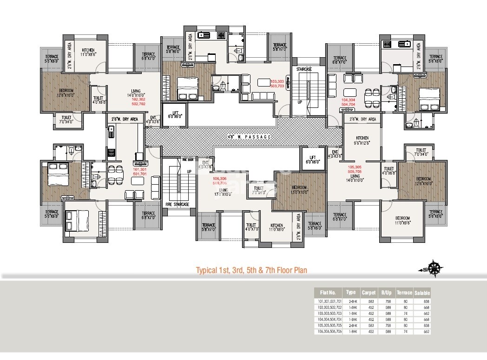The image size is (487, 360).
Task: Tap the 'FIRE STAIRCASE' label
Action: point(177,204)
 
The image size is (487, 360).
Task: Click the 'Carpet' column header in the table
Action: point(369,293)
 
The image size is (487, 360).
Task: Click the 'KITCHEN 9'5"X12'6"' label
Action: point(362,140)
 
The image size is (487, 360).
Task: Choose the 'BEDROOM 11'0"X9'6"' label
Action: point(402,220)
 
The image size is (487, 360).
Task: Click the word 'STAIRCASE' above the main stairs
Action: point(304,69)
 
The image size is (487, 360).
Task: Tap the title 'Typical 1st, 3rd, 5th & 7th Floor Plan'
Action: point(250,270)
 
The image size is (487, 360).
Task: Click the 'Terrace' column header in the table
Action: point(404,293)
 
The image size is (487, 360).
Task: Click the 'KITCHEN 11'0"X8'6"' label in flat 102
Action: point(88,53)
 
